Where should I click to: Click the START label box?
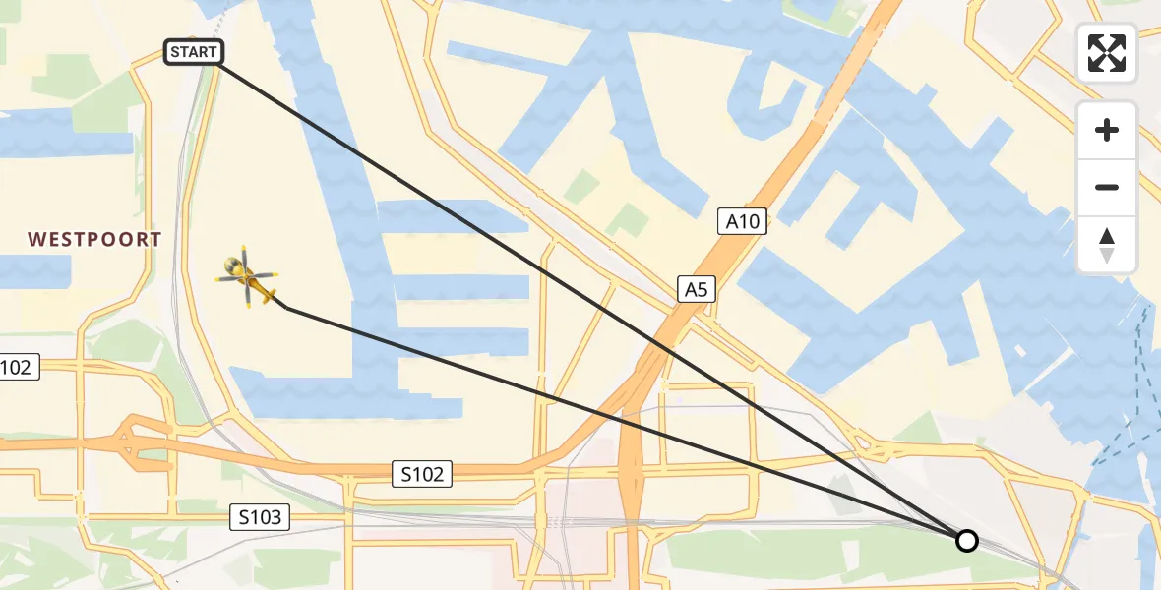195,53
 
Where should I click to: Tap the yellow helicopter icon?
247,277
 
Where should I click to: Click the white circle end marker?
967,540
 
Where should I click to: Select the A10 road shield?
743,222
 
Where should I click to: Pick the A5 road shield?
697,289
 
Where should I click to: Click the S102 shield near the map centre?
422,474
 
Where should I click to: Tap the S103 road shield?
261,516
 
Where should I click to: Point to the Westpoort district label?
94,239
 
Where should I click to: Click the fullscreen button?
1107,52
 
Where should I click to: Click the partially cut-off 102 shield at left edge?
18,368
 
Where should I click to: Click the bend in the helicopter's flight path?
286,308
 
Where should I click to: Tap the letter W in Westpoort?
36,239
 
